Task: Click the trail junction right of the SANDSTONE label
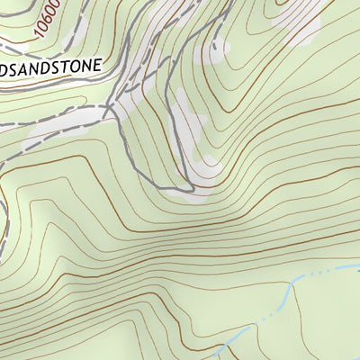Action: click(108, 108)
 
